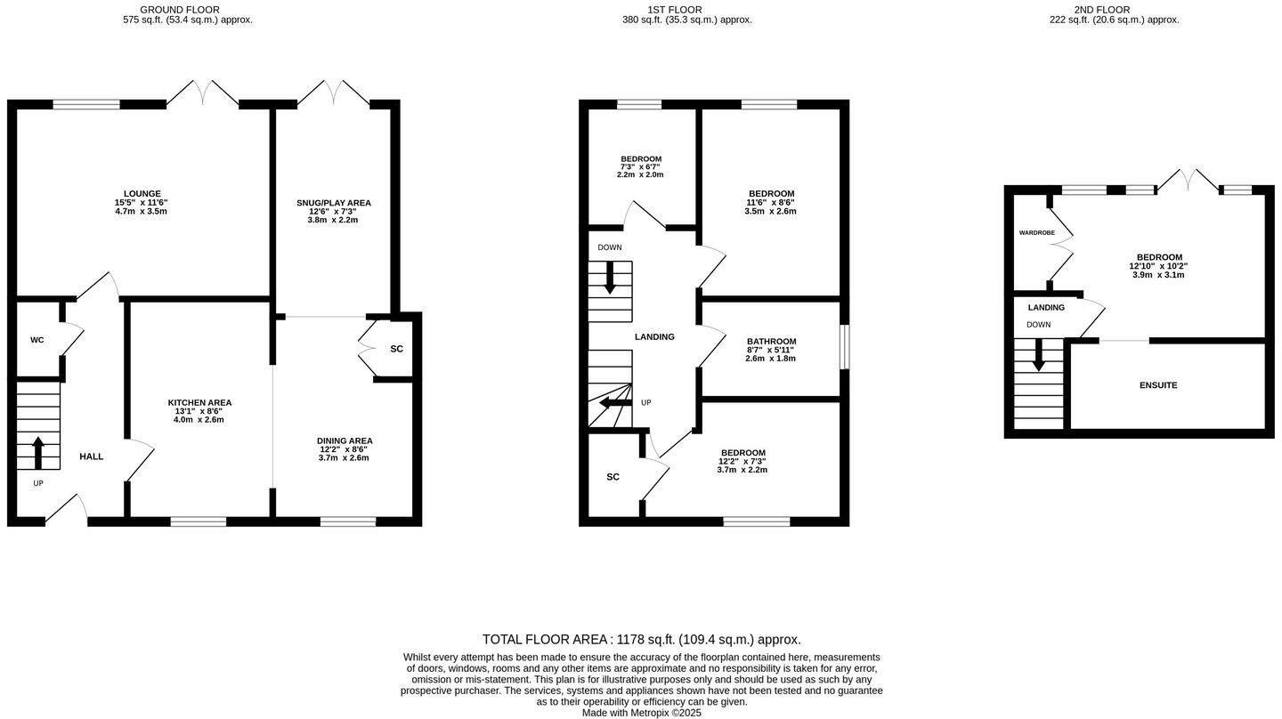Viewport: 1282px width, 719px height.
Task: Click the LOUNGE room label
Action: coord(142,193)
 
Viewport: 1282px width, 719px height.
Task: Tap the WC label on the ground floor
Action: coord(37,340)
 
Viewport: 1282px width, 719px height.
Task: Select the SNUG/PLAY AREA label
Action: coord(334,203)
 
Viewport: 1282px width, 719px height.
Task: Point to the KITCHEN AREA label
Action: coord(199,403)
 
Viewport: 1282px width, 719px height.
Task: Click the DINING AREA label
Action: coord(345,440)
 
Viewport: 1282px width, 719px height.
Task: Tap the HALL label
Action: coord(92,456)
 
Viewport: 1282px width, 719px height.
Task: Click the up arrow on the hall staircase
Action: coord(38,452)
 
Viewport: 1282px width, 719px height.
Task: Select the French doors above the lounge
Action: coord(203,93)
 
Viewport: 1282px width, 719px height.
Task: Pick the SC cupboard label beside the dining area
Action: coord(396,349)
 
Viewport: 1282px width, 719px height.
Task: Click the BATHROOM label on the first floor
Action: coord(771,342)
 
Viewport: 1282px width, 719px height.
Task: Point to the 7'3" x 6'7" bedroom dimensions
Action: coord(640,166)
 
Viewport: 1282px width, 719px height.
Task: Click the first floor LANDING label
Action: coord(654,337)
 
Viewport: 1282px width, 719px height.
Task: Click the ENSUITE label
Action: coord(1158,385)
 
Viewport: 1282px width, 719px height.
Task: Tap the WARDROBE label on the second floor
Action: coord(1037,232)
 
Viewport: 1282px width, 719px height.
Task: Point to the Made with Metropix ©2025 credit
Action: coord(641,713)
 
